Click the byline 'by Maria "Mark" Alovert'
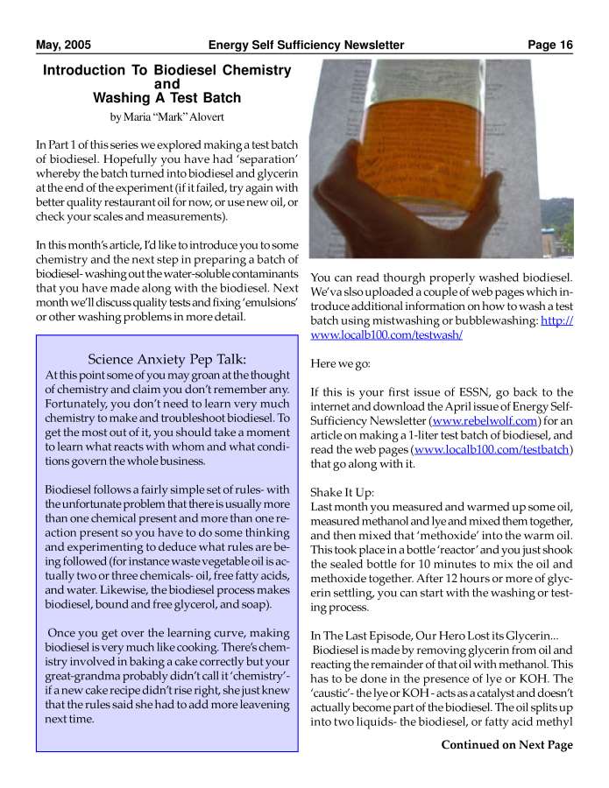click(166, 116)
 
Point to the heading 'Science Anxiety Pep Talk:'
click(166, 359)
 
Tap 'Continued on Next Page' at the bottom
click(506, 745)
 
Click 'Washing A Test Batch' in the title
click(166, 98)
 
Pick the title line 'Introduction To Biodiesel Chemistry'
click(166, 70)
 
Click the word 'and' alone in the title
click(166, 84)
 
